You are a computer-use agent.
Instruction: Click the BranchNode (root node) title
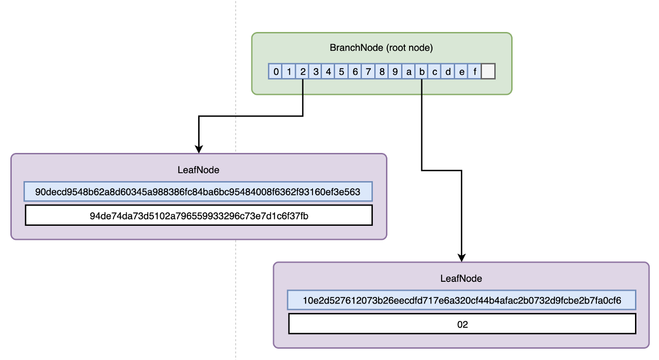[381, 48]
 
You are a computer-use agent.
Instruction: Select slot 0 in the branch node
[275, 72]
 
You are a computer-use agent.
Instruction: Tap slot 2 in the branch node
[302, 72]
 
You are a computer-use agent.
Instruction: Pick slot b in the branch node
[422, 72]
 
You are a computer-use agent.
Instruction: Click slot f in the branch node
[475, 72]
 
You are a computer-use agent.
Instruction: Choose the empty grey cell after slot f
[489, 72]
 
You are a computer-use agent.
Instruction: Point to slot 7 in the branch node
[369, 72]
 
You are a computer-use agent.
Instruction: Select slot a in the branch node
[409, 72]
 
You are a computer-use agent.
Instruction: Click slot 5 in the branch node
[342, 72]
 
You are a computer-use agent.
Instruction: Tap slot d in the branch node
[448, 72]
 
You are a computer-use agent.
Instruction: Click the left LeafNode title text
[199, 170]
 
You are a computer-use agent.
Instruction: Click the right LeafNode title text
[461, 279]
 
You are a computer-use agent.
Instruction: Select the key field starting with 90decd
[198, 192]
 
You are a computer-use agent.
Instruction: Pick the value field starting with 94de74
[198, 216]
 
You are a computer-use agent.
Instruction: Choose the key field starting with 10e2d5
[462, 300]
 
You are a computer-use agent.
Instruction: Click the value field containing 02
[462, 324]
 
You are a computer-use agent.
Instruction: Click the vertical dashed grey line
[235, 282]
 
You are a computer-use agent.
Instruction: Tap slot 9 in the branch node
[395, 72]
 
